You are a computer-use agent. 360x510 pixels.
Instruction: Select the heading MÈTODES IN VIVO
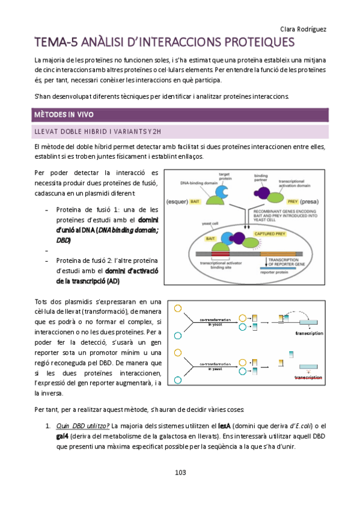pos(64,114)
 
